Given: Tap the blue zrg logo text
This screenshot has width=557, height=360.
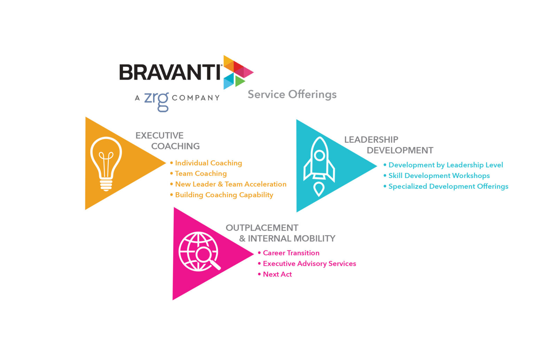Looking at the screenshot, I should click(156, 100).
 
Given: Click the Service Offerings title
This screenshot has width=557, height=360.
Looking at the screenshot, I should click(292, 94).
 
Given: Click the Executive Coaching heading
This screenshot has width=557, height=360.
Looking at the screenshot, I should click(167, 141).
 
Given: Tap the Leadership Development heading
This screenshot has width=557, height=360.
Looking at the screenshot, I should click(389, 145).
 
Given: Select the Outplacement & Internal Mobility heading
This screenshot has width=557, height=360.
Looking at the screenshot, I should click(280, 233).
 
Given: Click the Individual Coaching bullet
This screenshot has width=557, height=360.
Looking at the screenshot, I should click(208, 163).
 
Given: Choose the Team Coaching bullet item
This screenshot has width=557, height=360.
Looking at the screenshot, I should click(201, 173).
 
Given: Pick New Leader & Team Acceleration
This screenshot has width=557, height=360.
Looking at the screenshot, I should click(230, 184).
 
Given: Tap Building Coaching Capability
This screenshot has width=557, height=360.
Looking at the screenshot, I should click(224, 195).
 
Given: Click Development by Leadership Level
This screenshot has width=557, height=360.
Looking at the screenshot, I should click(446, 165).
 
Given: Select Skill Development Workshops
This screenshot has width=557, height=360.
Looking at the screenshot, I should click(439, 176).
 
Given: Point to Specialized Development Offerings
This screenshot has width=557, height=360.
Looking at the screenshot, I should click(448, 186).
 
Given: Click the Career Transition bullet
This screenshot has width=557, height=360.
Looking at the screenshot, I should click(291, 253).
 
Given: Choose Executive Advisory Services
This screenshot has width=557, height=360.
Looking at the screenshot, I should click(309, 264).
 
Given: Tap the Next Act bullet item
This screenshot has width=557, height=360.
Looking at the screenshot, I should click(277, 274).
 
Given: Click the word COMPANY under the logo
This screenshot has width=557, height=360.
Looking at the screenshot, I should click(196, 98).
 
